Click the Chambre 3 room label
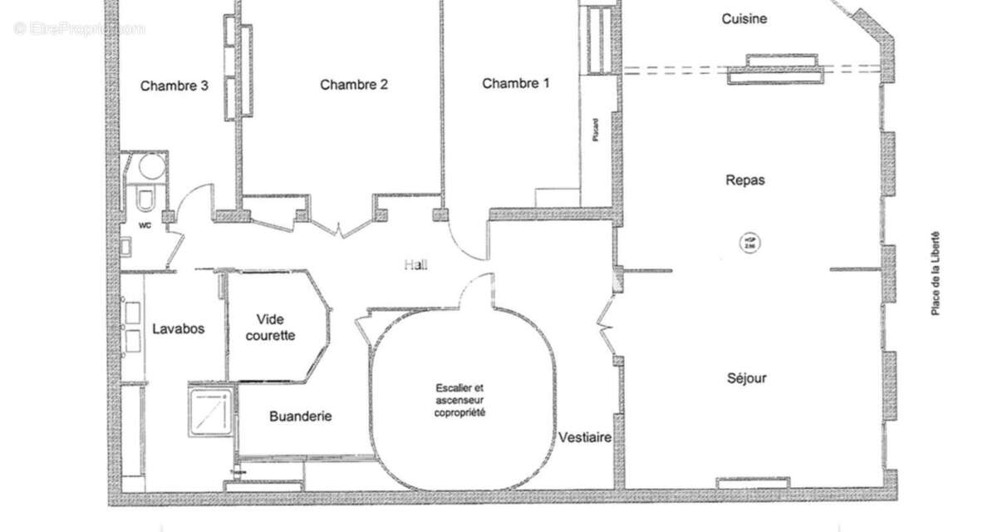pos(174,85)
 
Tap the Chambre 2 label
pos(354,84)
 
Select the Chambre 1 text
pos(516,83)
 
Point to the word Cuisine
pos(744,18)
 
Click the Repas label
pos(744,180)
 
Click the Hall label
pos(415,264)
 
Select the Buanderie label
pos(300,416)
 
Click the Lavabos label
pos(178,328)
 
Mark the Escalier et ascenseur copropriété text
pos(459,400)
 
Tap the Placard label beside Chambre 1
pos(596,130)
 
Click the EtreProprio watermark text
pos(79,28)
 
